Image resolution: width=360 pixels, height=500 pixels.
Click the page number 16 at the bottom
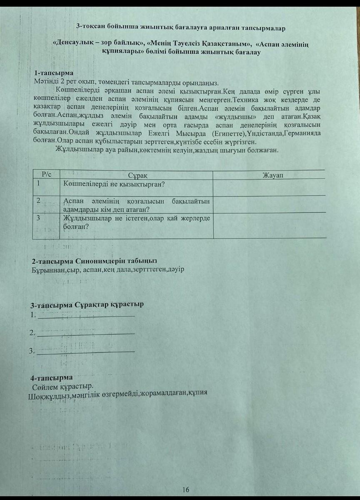coord(186,490)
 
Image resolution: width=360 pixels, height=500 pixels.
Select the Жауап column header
coord(273,174)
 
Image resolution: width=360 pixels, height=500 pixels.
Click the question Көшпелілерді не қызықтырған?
coord(113,183)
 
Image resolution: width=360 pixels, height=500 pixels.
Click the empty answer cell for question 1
coord(269,187)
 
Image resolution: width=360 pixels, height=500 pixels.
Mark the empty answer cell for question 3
coord(269,226)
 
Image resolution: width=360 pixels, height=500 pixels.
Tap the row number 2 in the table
coord(38,201)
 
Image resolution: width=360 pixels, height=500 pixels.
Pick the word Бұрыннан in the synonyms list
coord(47,270)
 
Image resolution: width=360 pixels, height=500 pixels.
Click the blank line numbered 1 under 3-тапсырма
coord(86,315)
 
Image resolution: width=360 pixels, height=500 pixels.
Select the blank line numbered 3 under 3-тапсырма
coord(86,351)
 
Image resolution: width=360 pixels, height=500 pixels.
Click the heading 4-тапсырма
coord(52,378)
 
